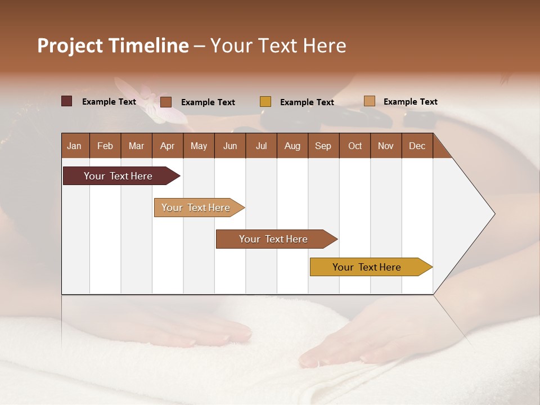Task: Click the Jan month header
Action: click(74, 146)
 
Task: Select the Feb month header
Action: click(105, 146)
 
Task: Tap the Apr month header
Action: click(167, 146)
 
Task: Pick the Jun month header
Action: click(230, 146)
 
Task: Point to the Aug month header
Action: click(292, 146)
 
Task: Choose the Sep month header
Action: click(323, 146)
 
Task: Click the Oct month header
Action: click(355, 146)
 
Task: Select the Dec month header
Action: click(417, 146)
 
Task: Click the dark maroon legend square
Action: click(67, 101)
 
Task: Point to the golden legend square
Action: click(265, 102)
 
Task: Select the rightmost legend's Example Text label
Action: click(410, 102)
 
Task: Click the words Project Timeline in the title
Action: click(112, 46)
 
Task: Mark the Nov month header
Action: click(386, 146)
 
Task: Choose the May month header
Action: click(199, 146)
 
